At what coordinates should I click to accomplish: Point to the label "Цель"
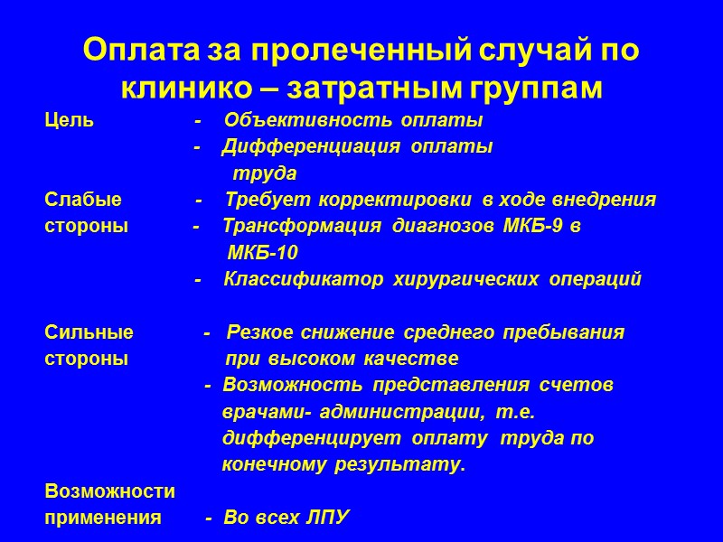coord(69,120)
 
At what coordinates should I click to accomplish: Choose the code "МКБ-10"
coord(263,253)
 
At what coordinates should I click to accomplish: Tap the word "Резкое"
coord(264,332)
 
